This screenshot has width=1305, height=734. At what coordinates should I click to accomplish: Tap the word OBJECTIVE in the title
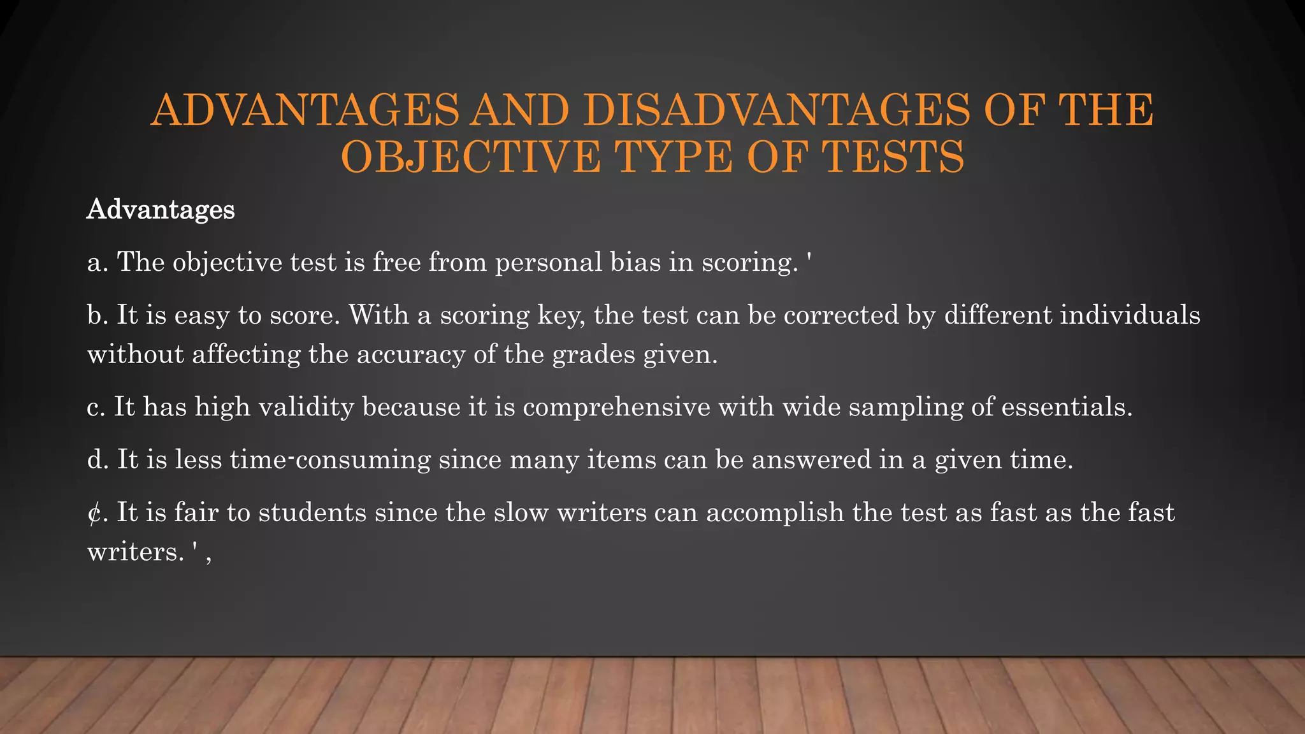(x=471, y=157)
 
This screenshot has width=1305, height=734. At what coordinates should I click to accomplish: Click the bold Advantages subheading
(x=161, y=210)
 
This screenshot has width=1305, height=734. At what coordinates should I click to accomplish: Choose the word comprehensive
(x=616, y=407)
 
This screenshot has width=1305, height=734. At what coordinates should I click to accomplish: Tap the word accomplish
(x=775, y=513)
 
